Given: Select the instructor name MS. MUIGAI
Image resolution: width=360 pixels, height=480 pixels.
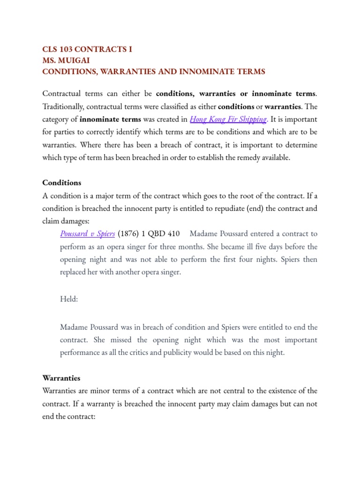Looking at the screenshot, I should point(63,60).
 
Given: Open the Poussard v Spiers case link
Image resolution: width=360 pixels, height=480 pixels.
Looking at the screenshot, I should point(88,233).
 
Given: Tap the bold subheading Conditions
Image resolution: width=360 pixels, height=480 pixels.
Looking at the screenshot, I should point(62,182).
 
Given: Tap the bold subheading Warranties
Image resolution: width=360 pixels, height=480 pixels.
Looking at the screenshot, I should point(61,377).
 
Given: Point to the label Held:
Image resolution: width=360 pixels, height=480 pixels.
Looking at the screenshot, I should point(69,299).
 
